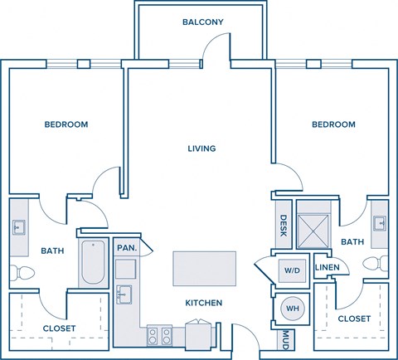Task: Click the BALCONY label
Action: (x=203, y=22)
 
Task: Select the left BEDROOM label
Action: (x=66, y=124)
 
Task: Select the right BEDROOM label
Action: (x=333, y=124)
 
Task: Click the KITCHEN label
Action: (x=202, y=304)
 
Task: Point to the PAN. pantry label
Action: (x=126, y=248)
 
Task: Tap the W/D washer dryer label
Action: (x=292, y=270)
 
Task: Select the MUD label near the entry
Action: (x=285, y=339)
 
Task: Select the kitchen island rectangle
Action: (x=202, y=269)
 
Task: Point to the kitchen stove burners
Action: (x=159, y=336)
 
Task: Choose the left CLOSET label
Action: (x=59, y=328)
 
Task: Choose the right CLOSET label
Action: (x=354, y=318)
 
